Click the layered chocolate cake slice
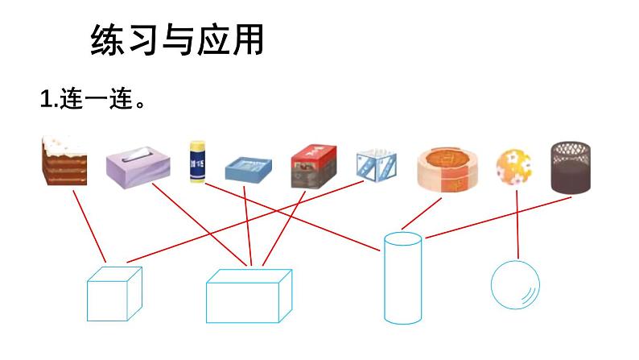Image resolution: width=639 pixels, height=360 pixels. click(x=64, y=162)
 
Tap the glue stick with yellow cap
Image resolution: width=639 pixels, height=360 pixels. click(x=196, y=162)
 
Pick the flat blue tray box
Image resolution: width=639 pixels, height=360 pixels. click(x=249, y=168)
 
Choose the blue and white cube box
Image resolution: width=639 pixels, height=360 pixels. click(x=377, y=165)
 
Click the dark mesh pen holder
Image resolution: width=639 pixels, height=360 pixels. click(x=570, y=167)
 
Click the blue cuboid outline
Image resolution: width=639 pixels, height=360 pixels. click(x=248, y=296)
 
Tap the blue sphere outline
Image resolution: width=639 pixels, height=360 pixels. click(x=515, y=284)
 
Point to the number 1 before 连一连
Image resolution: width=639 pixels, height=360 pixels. click(x=45, y=101)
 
